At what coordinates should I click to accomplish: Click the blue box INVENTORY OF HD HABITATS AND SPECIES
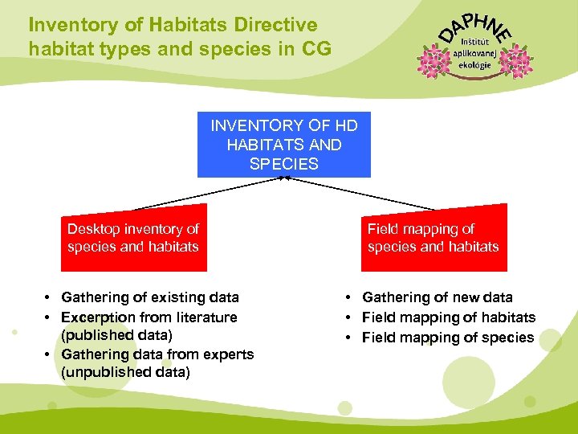pyautogui.click(x=284, y=145)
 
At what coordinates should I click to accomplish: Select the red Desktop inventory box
pyautogui.click(x=133, y=238)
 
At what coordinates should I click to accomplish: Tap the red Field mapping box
pyautogui.click(x=433, y=238)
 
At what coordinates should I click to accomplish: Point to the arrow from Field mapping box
pyautogui.click(x=361, y=193)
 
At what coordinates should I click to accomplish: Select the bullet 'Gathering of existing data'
pyautogui.click(x=149, y=298)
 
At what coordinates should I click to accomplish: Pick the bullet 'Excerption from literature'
pyautogui.click(x=149, y=317)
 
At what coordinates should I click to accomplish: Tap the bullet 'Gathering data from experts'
pyautogui.click(x=157, y=354)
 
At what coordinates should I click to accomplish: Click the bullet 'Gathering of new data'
pyautogui.click(x=437, y=298)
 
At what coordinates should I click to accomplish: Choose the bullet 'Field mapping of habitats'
pyautogui.click(x=448, y=317)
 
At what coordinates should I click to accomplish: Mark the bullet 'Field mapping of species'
pyautogui.click(x=447, y=338)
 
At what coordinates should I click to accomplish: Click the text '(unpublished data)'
pyautogui.click(x=125, y=372)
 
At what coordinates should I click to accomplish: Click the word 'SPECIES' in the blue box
pyautogui.click(x=284, y=164)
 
